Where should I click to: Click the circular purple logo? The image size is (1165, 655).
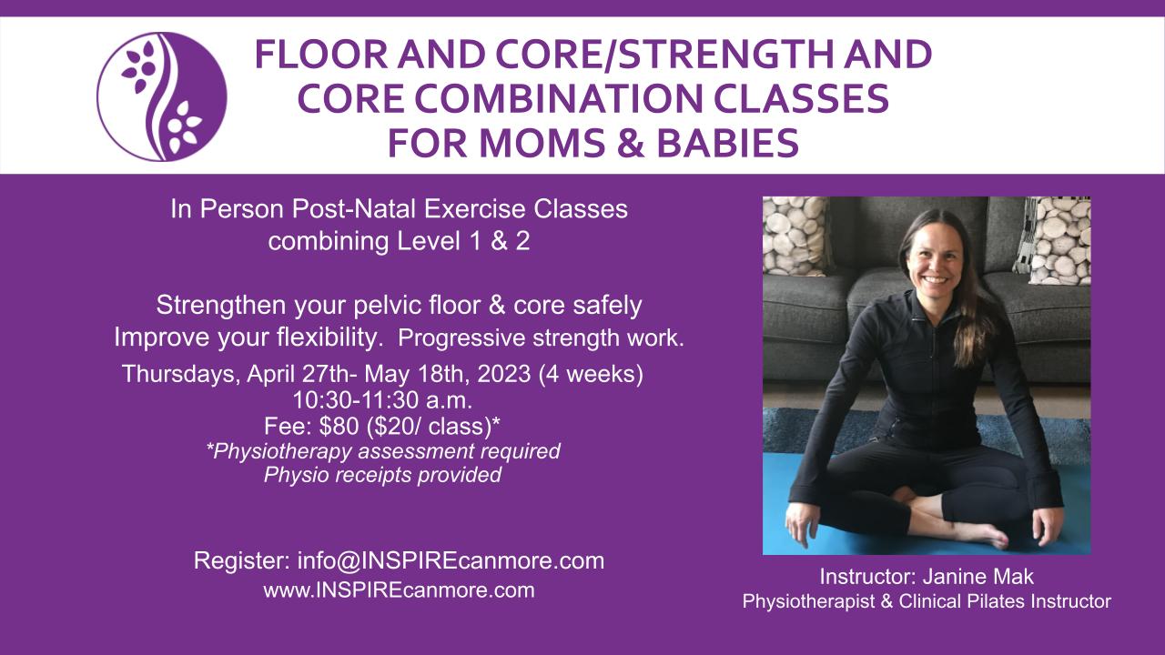pos(162,96)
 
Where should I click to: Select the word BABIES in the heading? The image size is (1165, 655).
pos(727,143)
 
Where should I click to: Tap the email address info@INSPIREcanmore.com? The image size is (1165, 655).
pos(451,560)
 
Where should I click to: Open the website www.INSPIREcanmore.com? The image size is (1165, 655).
pos(399,590)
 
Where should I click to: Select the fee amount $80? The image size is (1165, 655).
pos(339,427)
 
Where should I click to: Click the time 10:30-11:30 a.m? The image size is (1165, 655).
pos(382,400)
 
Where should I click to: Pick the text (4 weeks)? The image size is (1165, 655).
pos(591,374)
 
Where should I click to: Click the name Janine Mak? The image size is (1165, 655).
pos(978,577)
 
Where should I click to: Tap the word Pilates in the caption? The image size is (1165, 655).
pos(996,601)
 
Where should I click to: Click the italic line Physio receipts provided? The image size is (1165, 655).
pos(382,475)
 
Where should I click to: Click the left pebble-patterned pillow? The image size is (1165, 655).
pos(795,236)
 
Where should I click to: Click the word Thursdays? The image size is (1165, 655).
pos(181,375)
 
